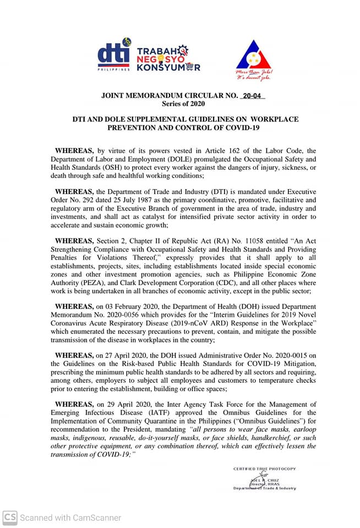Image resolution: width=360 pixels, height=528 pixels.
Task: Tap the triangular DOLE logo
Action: pos(253,56)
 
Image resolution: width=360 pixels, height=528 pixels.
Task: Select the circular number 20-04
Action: pos(253,96)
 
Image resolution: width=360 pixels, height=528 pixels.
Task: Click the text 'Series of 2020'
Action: pos(183,103)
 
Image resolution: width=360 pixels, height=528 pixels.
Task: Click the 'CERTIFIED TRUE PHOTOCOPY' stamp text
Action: pos(264,469)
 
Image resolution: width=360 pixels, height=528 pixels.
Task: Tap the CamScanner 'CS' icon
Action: pos(9,518)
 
